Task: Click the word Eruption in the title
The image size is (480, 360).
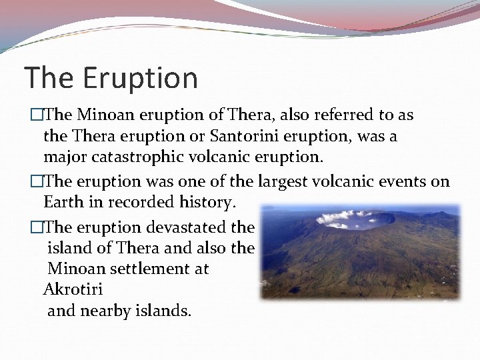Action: point(141,78)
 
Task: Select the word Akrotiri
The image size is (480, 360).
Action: point(73,290)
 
